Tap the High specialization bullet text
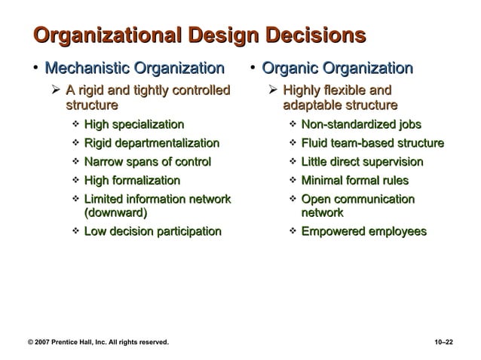(133, 124)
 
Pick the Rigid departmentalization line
(152, 143)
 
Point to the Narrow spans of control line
(147, 162)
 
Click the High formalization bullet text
(132, 181)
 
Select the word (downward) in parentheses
(115, 212)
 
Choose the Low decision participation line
(152, 232)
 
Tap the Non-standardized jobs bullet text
(361, 124)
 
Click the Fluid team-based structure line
(372, 143)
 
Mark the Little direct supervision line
(362, 162)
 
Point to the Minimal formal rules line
(354, 181)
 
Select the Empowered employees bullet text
(363, 232)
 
